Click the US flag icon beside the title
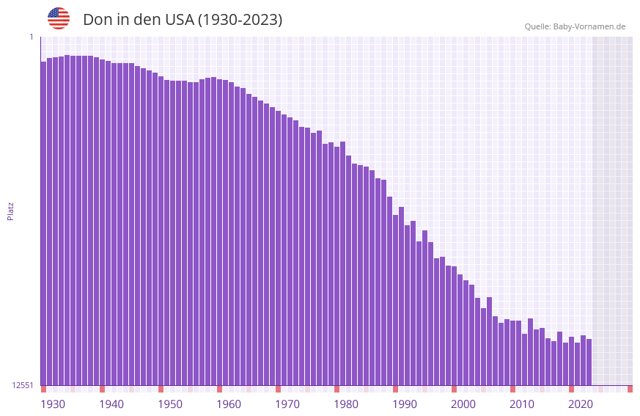coord(59,18)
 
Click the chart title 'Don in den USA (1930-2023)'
coord(183,20)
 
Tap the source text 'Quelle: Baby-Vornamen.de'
coord(575,26)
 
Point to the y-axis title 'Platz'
coord(10,211)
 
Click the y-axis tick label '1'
coord(32,37)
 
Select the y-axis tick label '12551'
coord(23,385)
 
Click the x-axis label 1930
coord(53,404)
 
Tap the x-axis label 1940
coord(111,404)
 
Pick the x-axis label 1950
coord(170,404)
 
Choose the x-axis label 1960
coord(229,404)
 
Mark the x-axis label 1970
coord(287,404)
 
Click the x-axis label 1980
coord(346,404)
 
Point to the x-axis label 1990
coord(405,404)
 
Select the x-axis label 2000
coord(463,404)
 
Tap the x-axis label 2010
coord(522,404)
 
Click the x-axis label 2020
coord(581,404)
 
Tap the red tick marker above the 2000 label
coord(454,389)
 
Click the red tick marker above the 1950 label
coord(161,389)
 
